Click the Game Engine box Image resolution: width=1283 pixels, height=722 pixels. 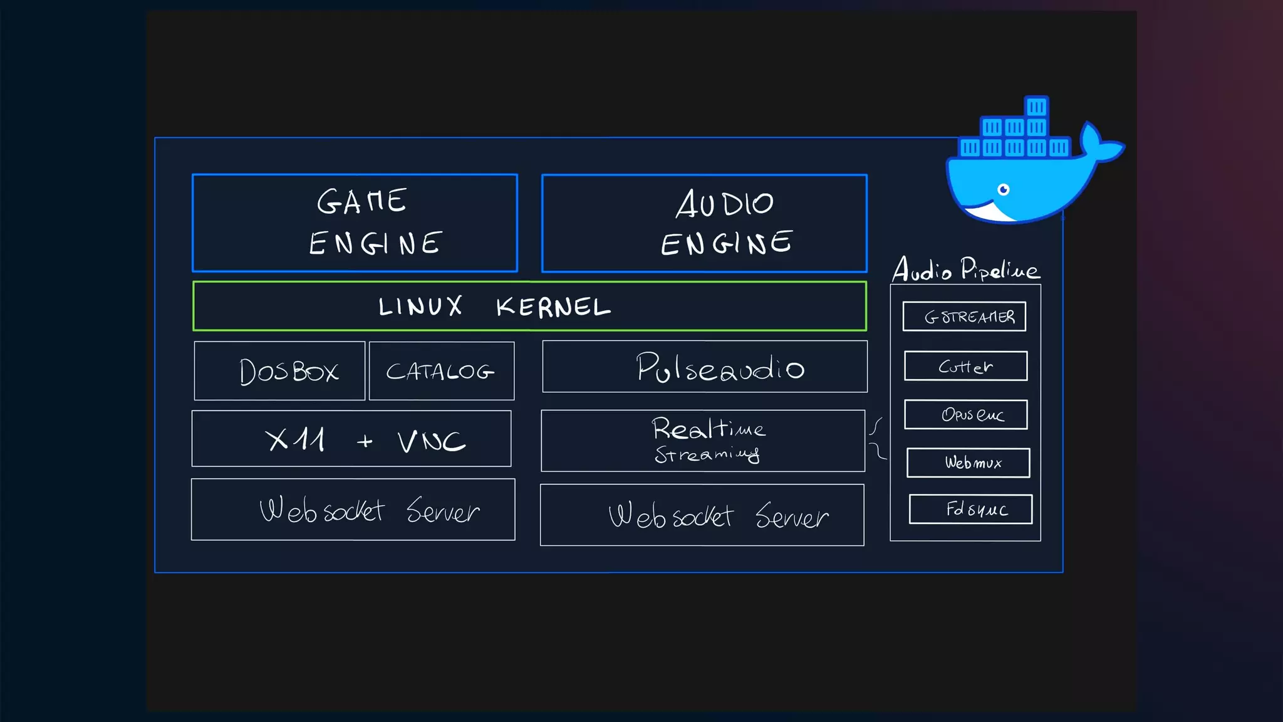(x=355, y=223)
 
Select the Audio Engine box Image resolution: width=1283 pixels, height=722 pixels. (x=704, y=223)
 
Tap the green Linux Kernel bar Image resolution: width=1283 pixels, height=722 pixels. (x=529, y=306)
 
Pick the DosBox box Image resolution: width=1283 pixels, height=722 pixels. (x=279, y=371)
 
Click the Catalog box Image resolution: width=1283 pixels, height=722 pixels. (x=442, y=371)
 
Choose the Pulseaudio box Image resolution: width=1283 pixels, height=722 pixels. (x=705, y=367)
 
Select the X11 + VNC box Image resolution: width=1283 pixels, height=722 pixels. (x=351, y=439)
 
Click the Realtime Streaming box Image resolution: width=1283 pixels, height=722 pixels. (x=703, y=441)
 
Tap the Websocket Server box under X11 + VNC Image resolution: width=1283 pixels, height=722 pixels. (x=353, y=510)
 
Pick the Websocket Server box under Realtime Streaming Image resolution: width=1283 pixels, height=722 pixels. (x=702, y=515)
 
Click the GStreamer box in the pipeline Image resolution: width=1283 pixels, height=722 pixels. (x=964, y=317)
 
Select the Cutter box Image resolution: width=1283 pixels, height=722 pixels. (x=965, y=366)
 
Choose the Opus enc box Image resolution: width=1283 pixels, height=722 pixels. (x=965, y=414)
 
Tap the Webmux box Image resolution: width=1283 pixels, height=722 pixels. (x=968, y=463)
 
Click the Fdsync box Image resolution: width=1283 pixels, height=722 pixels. (x=970, y=509)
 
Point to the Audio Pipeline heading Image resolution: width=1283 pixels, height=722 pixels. (x=965, y=269)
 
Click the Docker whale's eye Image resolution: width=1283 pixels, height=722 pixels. (x=1004, y=190)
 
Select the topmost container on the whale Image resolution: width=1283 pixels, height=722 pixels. (x=1036, y=107)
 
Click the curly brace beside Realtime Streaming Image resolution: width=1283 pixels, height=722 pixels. (x=878, y=438)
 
